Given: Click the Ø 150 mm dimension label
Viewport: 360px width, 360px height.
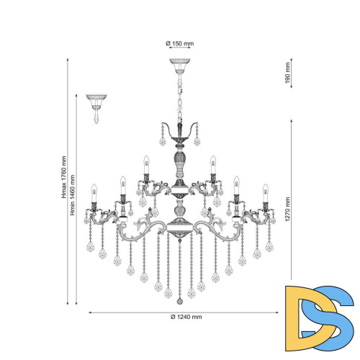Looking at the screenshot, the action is tap(180, 43).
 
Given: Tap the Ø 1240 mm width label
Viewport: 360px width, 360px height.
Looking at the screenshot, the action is tap(186, 317).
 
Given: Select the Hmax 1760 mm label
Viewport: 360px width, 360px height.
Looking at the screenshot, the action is tap(63, 177).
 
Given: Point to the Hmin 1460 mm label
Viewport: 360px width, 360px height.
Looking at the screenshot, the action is tap(72, 195).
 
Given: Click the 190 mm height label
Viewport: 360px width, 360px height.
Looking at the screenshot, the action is tap(287, 73).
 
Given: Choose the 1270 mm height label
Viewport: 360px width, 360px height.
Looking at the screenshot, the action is tap(288, 210).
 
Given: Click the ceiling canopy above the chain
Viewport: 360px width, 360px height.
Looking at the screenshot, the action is tap(180, 66).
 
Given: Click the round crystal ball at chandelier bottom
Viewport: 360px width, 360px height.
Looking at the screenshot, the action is tap(179, 302).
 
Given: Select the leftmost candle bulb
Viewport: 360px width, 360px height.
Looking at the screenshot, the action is tap(94, 193).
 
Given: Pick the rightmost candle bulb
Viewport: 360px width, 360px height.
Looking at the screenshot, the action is tap(266, 193).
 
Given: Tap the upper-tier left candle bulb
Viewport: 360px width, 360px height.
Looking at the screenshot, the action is tap(146, 165).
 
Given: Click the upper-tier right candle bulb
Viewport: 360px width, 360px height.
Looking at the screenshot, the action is tap(213, 165).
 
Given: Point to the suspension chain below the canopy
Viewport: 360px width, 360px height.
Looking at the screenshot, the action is tap(180, 99).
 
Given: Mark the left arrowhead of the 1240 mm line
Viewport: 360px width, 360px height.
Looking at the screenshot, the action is tap(90, 312).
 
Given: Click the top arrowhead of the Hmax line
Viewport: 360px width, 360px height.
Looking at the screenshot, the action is tap(68, 60).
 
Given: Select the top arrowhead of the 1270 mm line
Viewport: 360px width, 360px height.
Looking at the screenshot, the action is tap(292, 120).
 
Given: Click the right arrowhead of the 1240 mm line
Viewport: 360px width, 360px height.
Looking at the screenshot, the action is tap(277, 312).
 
